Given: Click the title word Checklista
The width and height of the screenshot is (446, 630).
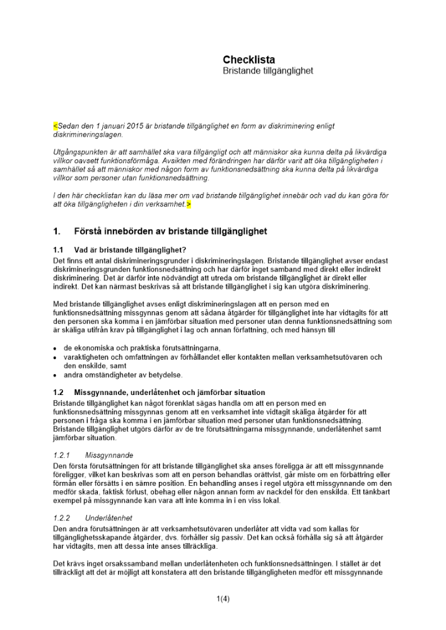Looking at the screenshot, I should (x=249, y=60).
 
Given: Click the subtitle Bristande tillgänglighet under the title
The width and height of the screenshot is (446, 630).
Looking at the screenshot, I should (x=267, y=71).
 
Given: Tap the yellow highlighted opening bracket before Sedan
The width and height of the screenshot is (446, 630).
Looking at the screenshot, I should (x=55, y=126).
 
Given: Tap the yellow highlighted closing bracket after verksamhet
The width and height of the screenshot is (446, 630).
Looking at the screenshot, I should (x=189, y=205).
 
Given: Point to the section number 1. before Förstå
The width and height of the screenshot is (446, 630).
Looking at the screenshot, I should (x=57, y=231).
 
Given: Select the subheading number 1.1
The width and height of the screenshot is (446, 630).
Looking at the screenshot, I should (x=59, y=249).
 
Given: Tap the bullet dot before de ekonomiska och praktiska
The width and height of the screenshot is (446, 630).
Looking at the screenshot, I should (x=56, y=348).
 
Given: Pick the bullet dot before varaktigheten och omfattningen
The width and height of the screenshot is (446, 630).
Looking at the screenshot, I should (x=56, y=357).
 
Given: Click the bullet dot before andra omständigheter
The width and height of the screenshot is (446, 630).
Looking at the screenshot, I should (x=56, y=375).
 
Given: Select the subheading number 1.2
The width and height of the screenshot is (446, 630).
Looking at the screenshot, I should (x=59, y=392).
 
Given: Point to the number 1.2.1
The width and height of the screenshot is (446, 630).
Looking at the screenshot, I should (x=62, y=454).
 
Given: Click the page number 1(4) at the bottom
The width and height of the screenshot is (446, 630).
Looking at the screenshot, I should (x=223, y=599).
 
